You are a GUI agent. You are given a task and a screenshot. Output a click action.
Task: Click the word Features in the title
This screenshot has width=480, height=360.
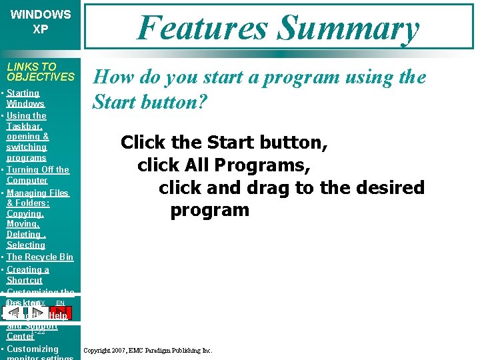203,28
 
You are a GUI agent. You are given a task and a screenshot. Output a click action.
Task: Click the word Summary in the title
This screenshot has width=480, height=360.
348,28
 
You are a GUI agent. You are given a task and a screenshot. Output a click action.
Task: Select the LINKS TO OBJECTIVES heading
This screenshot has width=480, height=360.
41,71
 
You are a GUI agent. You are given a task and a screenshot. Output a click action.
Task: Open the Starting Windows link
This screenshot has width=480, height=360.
25,99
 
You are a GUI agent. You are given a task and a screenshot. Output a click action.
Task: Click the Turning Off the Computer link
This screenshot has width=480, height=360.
37,175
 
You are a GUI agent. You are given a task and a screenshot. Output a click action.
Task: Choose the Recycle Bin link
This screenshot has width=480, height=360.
39,257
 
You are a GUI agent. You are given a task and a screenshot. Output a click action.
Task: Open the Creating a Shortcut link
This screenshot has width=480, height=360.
27,275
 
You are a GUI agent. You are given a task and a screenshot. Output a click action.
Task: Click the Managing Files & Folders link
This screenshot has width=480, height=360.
37,198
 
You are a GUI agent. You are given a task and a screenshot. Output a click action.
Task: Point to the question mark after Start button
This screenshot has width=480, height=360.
203,103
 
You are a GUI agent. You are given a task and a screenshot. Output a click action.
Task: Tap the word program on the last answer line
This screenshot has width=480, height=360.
209,210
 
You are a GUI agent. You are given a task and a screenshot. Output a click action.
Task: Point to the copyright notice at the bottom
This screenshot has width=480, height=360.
147,350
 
